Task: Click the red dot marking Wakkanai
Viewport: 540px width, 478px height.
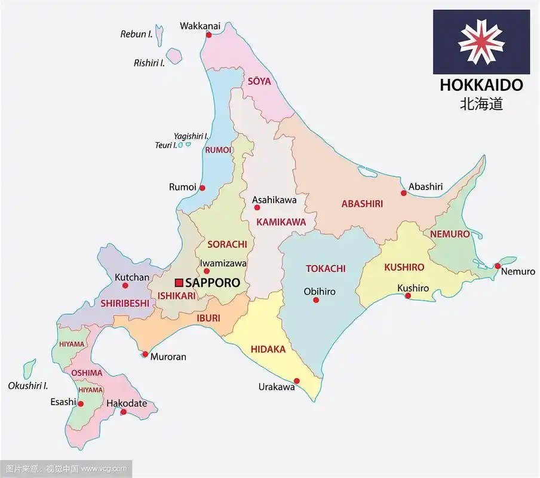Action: click(208, 35)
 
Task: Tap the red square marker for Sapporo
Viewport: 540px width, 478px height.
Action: click(179, 283)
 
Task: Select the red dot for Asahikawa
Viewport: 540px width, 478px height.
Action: click(257, 208)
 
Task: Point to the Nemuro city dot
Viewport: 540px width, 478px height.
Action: click(497, 266)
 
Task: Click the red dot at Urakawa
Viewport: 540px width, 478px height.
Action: click(297, 381)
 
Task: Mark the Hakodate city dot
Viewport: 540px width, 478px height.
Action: click(124, 412)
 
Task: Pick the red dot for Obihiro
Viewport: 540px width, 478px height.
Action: click(316, 299)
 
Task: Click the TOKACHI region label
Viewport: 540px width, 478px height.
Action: click(326, 269)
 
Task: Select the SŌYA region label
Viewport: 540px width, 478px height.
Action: click(259, 81)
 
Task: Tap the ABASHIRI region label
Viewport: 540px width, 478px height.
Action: click(362, 204)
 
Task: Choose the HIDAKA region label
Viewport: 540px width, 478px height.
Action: click(268, 349)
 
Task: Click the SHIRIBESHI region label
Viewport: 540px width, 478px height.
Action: click(124, 303)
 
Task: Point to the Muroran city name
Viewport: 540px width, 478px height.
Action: click(168, 357)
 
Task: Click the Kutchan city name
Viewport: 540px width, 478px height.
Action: click(131, 277)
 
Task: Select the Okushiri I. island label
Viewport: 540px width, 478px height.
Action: click(27, 385)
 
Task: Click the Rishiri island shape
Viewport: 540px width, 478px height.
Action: click(173, 56)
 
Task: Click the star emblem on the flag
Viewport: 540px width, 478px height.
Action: click(481, 42)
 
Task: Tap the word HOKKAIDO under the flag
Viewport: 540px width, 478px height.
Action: click(481, 85)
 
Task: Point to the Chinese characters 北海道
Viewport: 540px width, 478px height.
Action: click(481, 103)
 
